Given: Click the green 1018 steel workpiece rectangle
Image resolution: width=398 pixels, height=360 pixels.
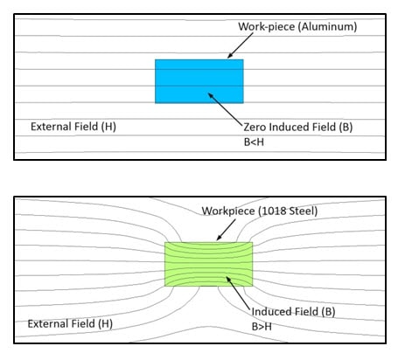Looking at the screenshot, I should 208,264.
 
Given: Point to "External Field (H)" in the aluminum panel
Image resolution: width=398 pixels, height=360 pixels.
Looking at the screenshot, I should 73,127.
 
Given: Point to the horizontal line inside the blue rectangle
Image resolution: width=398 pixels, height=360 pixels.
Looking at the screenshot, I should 199,86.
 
